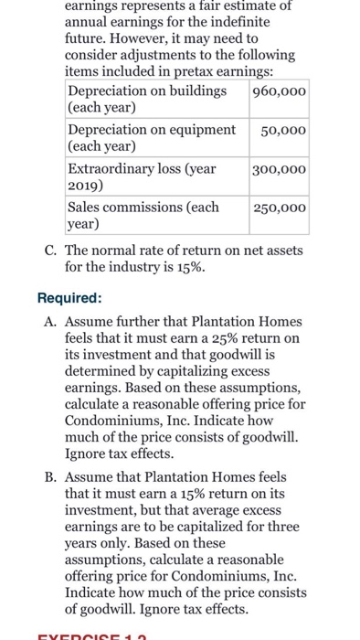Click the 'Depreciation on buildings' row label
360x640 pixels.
click(x=146, y=91)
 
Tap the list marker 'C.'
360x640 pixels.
click(x=49, y=251)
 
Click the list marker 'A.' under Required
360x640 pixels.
click(x=49, y=322)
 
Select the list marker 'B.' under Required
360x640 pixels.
click(x=49, y=477)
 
